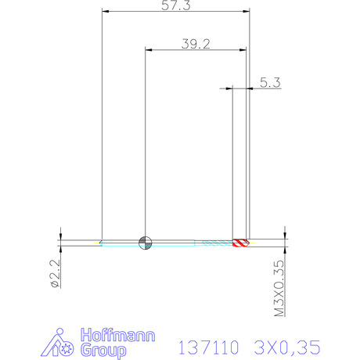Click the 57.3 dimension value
pyautogui.click(x=176, y=5)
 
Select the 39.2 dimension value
pyautogui.click(x=196, y=44)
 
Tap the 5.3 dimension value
pyautogui.click(x=270, y=82)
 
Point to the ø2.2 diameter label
pyautogui.click(x=56, y=273)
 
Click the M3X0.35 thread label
pyautogui.click(x=279, y=288)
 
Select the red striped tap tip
pyautogui.click(x=241, y=243)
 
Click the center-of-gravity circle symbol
pyautogui.click(x=145, y=243)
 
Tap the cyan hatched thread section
pyautogui.click(x=218, y=243)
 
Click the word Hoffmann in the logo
pyautogui.click(x=117, y=335)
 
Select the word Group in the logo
pyautogui.click(x=103, y=351)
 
